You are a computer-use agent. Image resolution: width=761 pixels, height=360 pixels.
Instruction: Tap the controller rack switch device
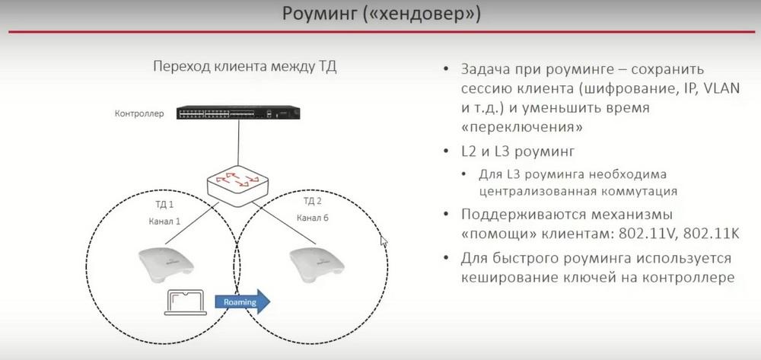[x=239, y=113]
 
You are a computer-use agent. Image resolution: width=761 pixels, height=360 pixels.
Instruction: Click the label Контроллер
[x=139, y=114]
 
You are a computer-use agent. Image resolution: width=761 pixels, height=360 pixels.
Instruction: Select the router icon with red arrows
[x=237, y=186]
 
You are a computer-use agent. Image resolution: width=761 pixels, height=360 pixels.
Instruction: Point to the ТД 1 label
[x=164, y=205]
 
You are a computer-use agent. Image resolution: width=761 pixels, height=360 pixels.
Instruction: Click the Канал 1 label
[x=164, y=221]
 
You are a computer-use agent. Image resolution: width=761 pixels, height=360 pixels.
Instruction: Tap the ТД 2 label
[x=313, y=202]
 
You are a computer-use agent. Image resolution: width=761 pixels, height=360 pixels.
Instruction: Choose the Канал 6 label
[x=313, y=218]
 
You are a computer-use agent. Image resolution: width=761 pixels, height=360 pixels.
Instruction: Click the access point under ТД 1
[x=165, y=266]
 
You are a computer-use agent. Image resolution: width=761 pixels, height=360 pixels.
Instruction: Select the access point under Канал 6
[x=317, y=266]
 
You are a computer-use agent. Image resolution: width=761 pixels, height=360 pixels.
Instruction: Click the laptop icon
[x=186, y=303]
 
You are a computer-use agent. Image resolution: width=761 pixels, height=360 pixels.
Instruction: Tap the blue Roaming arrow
[x=243, y=302]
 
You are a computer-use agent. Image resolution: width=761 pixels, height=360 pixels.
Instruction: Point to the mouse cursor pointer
[x=384, y=241]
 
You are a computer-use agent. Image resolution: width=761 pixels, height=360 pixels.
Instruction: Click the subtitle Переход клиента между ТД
[x=245, y=66]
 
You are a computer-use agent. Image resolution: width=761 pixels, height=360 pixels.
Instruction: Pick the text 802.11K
[x=711, y=234]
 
